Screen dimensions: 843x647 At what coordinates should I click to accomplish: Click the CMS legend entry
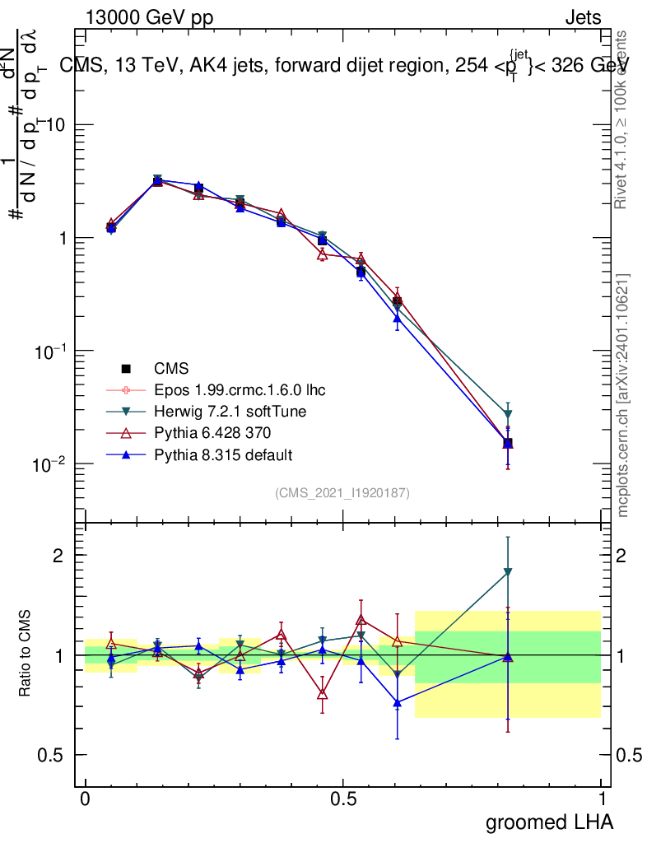click(172, 369)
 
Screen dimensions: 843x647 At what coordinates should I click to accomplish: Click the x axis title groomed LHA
click(549, 822)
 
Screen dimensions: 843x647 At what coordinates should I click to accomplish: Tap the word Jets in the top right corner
click(583, 18)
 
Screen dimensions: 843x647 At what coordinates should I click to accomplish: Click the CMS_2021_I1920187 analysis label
click(342, 492)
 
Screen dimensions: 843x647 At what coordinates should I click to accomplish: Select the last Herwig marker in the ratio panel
click(508, 571)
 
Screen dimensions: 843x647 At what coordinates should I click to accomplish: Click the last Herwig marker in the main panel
click(508, 414)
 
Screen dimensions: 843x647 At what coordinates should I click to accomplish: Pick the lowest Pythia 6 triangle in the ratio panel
click(322, 694)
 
